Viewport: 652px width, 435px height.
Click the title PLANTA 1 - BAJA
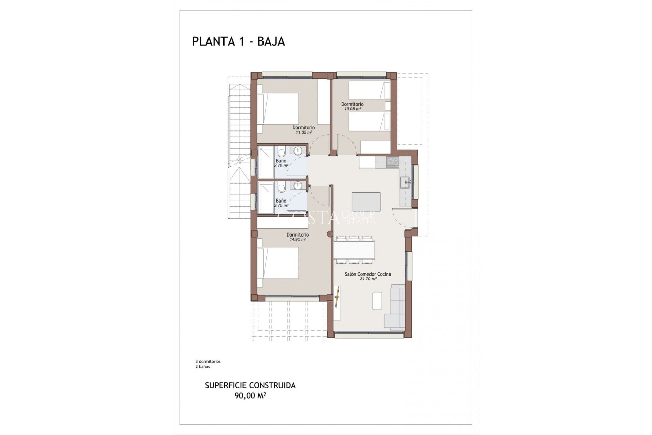[x=238, y=41]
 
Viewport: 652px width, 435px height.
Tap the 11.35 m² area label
[x=304, y=133]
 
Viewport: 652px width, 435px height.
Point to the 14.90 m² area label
[x=297, y=240]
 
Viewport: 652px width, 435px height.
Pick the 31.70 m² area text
[x=368, y=279]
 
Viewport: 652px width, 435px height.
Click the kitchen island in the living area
[x=366, y=202]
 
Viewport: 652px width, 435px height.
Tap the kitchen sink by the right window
[x=405, y=183]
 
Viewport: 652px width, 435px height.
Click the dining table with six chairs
[x=354, y=250]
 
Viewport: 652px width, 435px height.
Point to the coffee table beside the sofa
[x=377, y=301]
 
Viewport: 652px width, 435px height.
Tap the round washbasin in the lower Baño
[x=298, y=186]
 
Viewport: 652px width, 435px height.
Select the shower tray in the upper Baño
[x=266, y=162]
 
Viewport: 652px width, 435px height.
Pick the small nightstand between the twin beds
[x=387, y=105]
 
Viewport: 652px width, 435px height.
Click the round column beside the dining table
[x=329, y=234]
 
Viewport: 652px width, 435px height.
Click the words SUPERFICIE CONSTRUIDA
[x=250, y=385]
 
